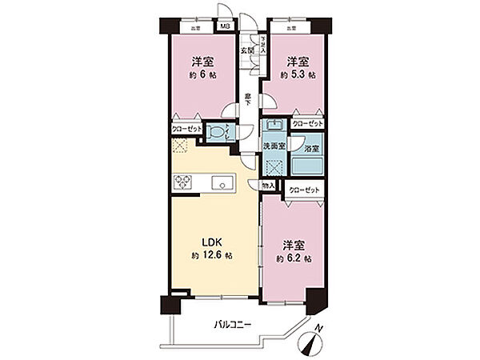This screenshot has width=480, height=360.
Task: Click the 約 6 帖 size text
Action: click(202, 75)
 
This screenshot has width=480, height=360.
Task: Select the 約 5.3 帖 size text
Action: click(297, 75)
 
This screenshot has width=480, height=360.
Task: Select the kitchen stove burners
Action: click(182, 182)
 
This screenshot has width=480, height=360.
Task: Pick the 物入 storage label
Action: click(270, 186)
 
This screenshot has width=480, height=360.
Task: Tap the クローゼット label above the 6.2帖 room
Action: click(303, 190)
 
